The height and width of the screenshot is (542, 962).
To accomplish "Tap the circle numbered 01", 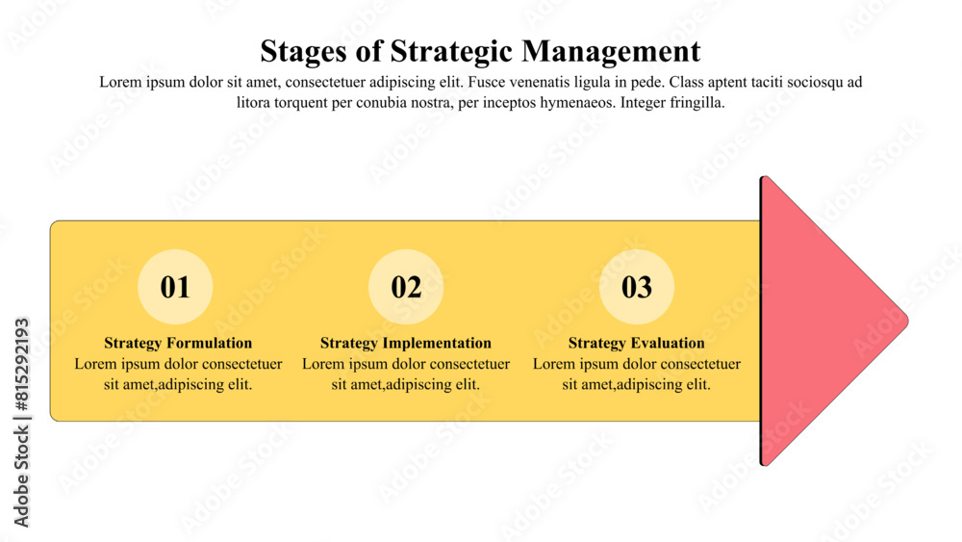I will [x=175, y=287].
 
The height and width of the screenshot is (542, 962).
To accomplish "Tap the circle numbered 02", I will [x=406, y=287].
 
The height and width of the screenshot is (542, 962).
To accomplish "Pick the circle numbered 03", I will [x=637, y=287].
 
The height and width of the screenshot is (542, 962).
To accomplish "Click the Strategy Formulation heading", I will [x=178, y=343].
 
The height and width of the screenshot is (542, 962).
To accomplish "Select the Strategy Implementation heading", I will [x=406, y=343].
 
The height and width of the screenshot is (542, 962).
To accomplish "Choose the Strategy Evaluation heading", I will [x=637, y=343].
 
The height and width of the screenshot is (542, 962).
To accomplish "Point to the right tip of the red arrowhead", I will [x=905, y=321].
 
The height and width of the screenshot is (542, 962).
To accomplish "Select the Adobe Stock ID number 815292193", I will [x=21, y=368].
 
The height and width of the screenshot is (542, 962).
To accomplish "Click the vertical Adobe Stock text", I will [x=21, y=478].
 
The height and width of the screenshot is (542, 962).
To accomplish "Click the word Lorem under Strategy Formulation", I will [x=94, y=364].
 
